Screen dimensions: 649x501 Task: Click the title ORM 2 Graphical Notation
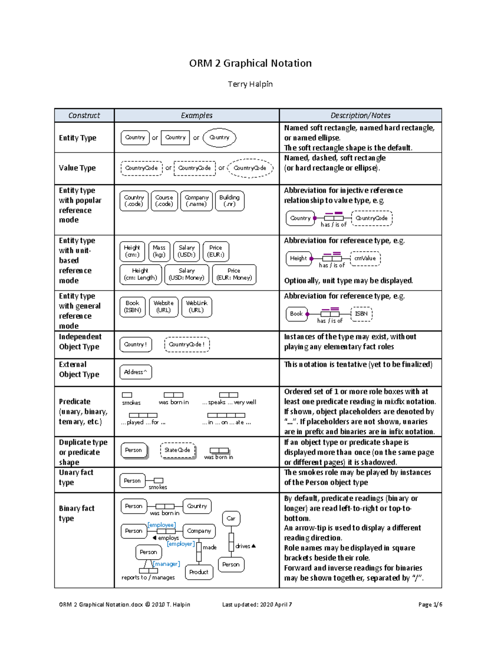(250, 63)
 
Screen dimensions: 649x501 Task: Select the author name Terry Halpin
(250, 84)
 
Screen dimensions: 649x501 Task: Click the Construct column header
(84, 115)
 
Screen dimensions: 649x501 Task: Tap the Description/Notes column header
(360, 115)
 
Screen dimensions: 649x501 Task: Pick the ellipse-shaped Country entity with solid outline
(219, 137)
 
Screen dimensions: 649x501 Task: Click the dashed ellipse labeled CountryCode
(250, 168)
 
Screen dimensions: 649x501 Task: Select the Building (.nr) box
(229, 201)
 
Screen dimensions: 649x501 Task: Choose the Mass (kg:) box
(159, 251)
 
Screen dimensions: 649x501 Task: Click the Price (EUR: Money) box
(234, 274)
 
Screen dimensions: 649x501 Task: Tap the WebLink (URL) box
(196, 307)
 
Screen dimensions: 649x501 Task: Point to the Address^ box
(135, 372)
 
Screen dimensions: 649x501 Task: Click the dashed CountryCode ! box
(187, 344)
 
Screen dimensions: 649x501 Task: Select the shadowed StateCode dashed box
(177, 450)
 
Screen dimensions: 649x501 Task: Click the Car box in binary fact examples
(231, 518)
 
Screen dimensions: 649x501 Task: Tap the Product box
(199, 572)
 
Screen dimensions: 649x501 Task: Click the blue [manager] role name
(167, 564)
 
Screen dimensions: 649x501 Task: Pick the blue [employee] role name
(162, 524)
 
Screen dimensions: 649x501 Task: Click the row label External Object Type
(79, 369)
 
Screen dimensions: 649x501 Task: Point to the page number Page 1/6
(430, 604)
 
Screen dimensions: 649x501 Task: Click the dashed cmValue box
(365, 258)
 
